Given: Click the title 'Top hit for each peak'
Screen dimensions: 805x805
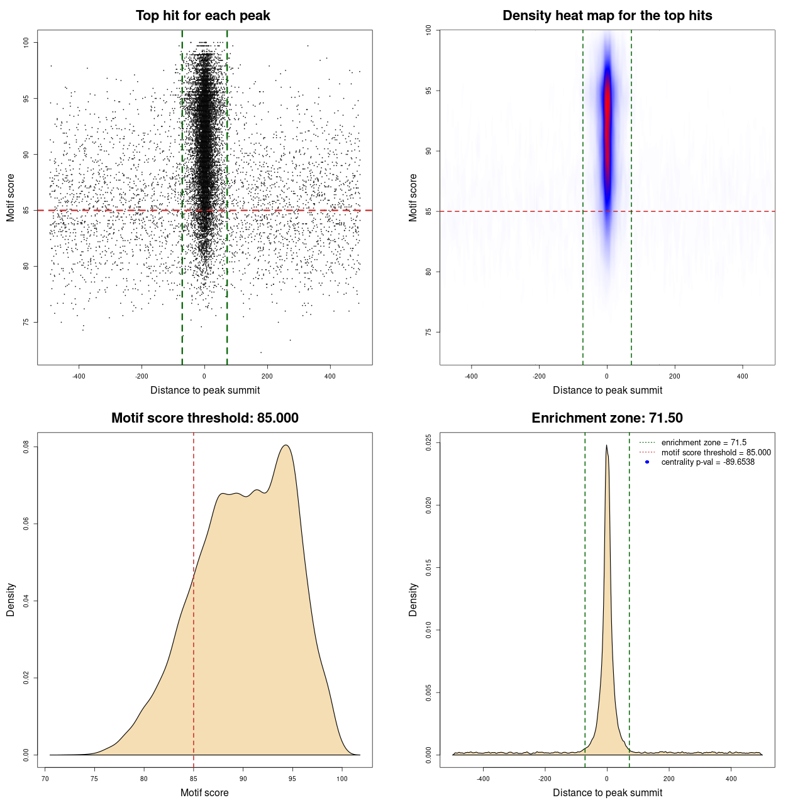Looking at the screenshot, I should [203, 16].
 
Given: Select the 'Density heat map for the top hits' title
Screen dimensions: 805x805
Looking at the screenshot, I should [607, 16].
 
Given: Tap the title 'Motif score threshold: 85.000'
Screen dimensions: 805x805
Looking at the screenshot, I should [204, 418].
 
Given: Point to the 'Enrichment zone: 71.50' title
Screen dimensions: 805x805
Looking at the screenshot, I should [607, 418].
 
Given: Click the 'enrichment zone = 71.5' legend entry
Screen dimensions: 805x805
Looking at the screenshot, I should [704, 443].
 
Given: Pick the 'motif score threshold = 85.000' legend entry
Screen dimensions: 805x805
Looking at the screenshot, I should [716, 452].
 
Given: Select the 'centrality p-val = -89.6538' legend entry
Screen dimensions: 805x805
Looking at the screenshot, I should [708, 462].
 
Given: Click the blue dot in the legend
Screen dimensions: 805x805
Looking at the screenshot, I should [647, 462].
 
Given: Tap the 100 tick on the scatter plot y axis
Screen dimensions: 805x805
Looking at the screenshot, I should [26, 42].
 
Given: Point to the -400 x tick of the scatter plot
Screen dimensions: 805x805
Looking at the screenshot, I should [79, 376].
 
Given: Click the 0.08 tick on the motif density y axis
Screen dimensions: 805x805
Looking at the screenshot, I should [26, 447].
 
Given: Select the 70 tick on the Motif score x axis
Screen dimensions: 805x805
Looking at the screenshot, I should [45, 779].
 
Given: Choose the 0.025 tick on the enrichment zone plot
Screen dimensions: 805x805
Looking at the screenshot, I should [429, 443].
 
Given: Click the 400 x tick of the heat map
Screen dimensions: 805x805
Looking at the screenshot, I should [743, 376].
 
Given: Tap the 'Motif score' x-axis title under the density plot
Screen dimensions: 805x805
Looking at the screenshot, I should [204, 792].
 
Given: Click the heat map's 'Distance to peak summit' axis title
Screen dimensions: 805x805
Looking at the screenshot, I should [607, 390].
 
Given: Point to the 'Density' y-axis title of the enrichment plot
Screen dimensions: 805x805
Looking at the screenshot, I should [413, 599].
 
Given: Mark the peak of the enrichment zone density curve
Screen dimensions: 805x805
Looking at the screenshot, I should [606, 446].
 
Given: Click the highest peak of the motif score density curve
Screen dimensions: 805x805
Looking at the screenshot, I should [286, 446].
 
